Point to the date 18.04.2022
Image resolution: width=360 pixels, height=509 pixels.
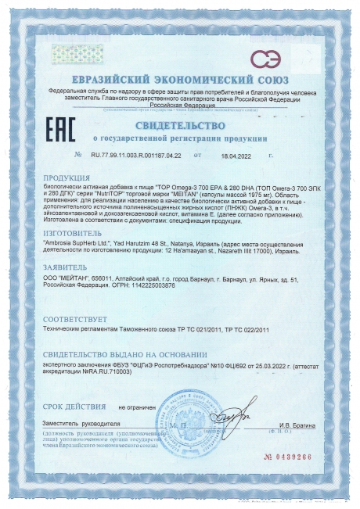point(227,156)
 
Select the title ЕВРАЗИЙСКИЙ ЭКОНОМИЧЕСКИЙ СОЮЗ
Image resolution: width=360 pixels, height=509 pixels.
point(180,81)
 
